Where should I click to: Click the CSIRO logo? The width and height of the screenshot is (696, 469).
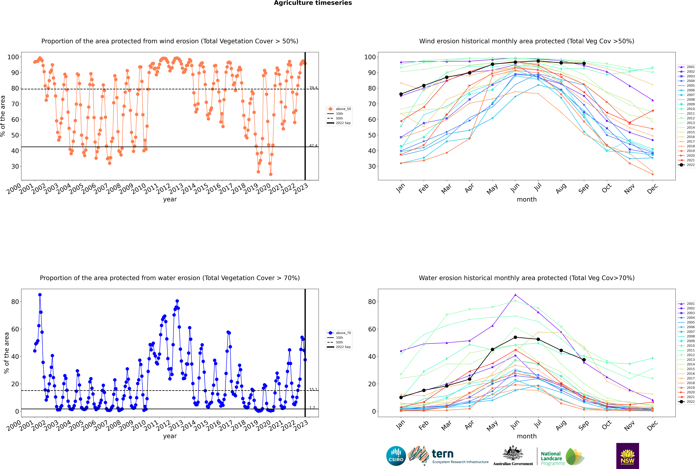pos(396,456)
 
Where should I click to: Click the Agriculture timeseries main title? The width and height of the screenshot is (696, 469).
pos(313,3)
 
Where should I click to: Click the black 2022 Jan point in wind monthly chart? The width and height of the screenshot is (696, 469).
pos(401,94)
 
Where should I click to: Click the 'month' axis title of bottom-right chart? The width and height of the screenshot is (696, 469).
pos(527,436)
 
